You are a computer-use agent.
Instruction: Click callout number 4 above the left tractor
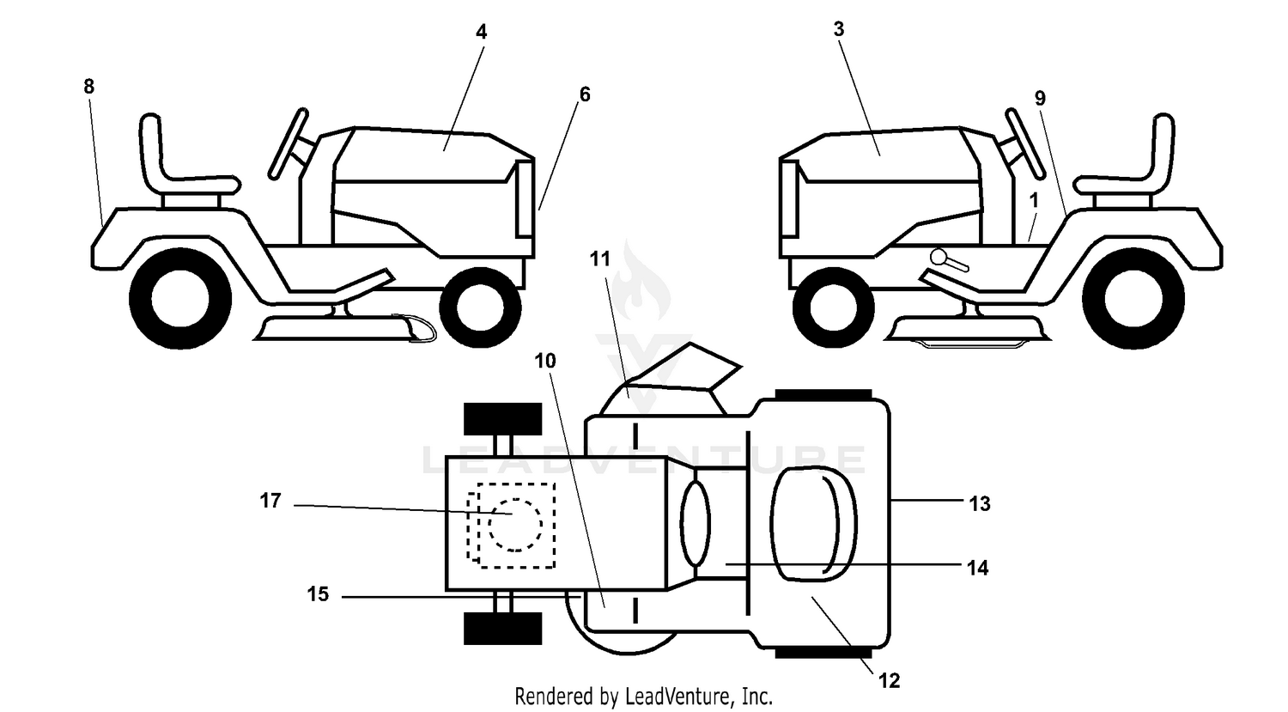point(481,32)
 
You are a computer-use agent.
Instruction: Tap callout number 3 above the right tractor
point(839,29)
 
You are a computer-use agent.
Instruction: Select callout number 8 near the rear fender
point(88,86)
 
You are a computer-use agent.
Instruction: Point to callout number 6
point(585,94)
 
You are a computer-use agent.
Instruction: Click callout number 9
point(1040,99)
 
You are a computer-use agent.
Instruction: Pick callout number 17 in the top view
point(270,501)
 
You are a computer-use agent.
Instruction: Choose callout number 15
point(318,594)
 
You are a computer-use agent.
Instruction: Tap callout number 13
point(980,504)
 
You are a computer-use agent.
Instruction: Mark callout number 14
point(977,569)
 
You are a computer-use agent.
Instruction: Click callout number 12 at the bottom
point(889,681)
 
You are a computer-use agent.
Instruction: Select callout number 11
point(599,259)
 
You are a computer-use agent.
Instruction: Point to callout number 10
point(545,362)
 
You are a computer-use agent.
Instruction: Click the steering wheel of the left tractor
point(289,143)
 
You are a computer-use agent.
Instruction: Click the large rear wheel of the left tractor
point(180,299)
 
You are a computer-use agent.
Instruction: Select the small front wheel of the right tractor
point(833,307)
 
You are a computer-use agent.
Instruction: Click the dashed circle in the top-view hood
point(515,499)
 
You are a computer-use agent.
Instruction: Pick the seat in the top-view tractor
point(812,524)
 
